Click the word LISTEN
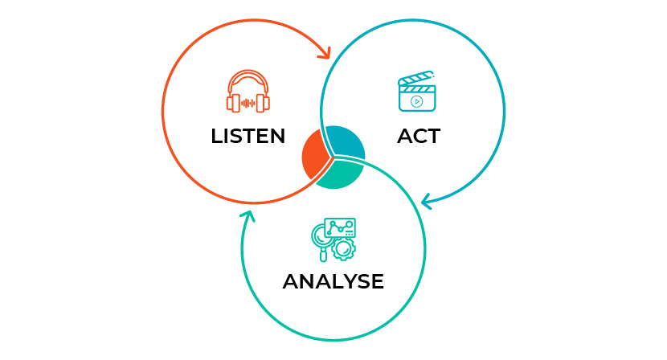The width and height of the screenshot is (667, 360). pos(248,136)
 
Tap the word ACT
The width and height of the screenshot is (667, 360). pos(419,136)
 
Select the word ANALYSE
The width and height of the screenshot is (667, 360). pos(333,281)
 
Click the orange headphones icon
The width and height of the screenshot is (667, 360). pos(248,91)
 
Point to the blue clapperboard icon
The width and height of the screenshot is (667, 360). pos(417,91)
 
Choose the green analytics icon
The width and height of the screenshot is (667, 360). pos(333,239)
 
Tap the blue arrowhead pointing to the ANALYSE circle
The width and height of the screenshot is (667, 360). pos(427,201)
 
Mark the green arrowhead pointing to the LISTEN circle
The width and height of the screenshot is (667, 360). pos(248,216)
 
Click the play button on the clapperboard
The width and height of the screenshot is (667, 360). pos(417,102)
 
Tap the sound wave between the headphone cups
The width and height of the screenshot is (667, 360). pos(248,103)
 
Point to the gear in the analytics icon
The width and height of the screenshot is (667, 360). pos(343,249)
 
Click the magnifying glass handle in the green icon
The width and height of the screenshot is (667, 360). pos(323,256)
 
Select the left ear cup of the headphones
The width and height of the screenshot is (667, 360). pos(233,104)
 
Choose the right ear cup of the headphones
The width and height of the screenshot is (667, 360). pos(264,104)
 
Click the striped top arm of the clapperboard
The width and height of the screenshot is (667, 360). pos(415,77)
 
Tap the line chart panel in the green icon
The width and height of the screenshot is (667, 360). pos(340,227)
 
